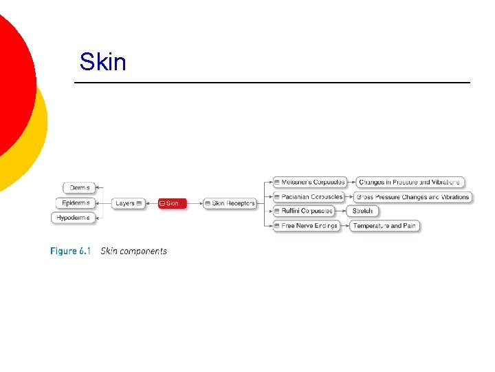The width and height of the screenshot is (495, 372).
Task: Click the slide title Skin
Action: point(103,62)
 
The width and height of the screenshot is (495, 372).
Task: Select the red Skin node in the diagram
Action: point(172,203)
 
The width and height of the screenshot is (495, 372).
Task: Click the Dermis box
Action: point(79,187)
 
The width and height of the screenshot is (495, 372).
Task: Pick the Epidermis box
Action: point(75,203)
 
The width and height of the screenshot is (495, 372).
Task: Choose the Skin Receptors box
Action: point(230,203)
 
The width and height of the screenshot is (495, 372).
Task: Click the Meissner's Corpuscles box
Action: point(309,182)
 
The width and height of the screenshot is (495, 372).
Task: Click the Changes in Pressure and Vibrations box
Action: point(410,182)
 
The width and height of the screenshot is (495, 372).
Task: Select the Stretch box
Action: point(362,211)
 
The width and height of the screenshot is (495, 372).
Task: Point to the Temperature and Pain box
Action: point(384,225)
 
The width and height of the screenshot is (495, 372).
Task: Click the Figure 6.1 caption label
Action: point(70,251)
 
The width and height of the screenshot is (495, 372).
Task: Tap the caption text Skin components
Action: point(133,251)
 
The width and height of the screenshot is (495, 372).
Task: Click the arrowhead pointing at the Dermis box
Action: point(98,187)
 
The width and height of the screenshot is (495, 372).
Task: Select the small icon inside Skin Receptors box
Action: point(208,203)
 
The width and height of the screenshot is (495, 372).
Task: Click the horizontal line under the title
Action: point(272,83)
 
